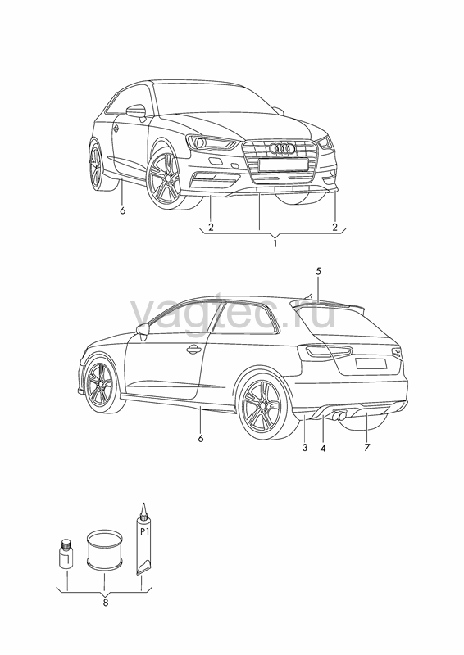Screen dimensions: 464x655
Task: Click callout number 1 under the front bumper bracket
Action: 275,243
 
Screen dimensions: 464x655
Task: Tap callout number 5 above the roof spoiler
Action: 318,271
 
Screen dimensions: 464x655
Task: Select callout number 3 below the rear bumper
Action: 305,447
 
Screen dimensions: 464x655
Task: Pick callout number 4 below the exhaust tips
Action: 322,448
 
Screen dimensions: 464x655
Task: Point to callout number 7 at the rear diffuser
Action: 367,447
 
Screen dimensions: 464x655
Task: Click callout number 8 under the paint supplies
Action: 106,603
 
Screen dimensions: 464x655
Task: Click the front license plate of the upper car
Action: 284,165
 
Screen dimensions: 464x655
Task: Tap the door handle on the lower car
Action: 193,350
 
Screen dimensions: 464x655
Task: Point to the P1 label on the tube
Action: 144,531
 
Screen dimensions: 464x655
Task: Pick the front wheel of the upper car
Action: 166,179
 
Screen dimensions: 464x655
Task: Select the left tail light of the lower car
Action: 329,352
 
